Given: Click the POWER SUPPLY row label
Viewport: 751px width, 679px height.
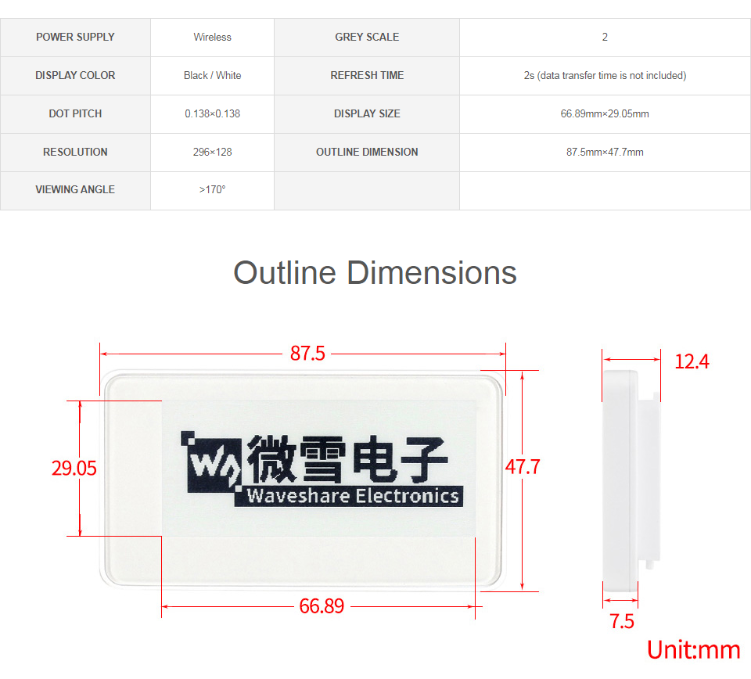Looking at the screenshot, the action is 75,37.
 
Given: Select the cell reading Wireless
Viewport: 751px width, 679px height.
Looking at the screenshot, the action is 212,37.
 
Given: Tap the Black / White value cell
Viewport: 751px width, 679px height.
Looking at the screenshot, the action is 212,75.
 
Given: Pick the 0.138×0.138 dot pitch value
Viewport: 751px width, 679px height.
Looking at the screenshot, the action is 212,113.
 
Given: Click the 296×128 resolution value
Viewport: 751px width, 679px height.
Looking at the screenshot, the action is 212,152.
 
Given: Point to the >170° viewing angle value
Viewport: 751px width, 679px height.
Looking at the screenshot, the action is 212,189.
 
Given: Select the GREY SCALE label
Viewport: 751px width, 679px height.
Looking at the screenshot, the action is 367,37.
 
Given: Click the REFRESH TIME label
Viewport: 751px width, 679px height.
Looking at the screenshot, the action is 367,75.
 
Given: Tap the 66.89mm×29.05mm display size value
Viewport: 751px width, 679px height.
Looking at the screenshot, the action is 605,113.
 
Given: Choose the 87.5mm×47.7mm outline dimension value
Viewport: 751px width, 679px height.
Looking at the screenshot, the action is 605,152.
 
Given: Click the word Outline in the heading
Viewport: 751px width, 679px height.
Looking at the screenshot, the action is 285,273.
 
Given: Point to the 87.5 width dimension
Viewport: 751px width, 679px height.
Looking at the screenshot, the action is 307,354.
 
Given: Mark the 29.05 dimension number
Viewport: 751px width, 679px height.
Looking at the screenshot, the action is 74,468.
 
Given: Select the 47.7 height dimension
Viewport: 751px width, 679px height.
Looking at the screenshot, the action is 523,466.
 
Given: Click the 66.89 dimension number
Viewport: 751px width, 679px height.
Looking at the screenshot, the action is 322,605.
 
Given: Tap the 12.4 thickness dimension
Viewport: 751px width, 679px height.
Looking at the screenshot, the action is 692,361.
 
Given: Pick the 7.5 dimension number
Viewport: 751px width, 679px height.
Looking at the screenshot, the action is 622,621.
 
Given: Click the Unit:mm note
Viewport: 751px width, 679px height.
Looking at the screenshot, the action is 694,650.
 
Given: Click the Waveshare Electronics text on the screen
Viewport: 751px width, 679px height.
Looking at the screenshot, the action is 353,496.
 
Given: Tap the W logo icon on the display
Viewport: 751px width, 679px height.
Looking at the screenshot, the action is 210,462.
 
